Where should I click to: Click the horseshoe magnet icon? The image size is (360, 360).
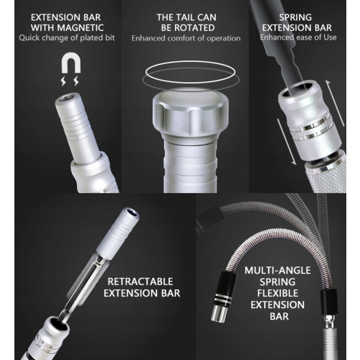[71, 63]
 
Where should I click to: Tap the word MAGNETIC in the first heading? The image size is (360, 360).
[81, 28]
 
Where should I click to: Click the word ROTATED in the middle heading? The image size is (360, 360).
[194, 28]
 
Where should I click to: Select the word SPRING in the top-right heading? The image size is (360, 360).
[295, 17]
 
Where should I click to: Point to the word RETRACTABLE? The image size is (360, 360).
[140, 282]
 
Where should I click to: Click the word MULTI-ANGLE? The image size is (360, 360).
[278, 271]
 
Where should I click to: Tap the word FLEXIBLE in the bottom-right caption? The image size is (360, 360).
[278, 293]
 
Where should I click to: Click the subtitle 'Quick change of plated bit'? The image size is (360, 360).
[67, 38]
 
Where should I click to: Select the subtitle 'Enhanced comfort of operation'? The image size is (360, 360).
[186, 38]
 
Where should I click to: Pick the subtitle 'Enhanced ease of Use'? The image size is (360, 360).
[298, 37]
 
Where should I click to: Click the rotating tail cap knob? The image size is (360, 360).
[191, 113]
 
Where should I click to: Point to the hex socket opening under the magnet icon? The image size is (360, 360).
[65, 98]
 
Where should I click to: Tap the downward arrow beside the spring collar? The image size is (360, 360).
[287, 142]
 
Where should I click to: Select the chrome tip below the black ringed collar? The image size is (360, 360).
[219, 313]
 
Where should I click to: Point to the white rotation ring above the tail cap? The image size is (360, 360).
[191, 71]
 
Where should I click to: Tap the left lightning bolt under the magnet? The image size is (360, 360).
[63, 81]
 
